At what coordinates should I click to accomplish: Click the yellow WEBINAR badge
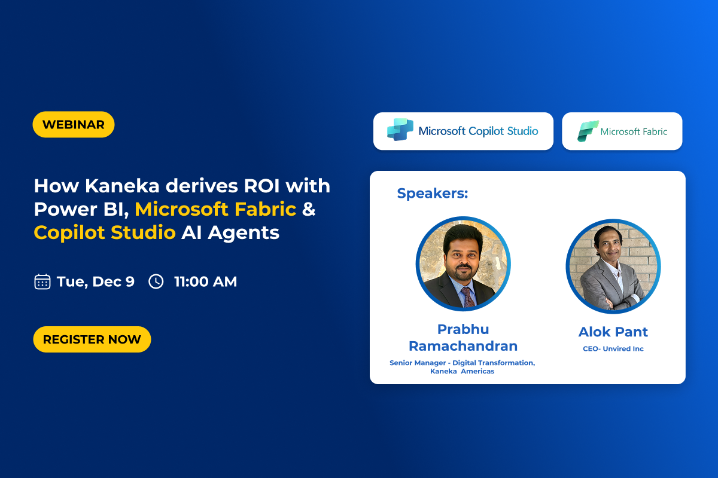pos(74,124)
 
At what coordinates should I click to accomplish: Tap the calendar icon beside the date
pos(42,282)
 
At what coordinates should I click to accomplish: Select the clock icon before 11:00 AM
pos(156,282)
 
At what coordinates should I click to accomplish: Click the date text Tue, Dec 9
pos(96,282)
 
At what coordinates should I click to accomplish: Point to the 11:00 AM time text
pos(205,282)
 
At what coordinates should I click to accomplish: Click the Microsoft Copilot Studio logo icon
pos(400,130)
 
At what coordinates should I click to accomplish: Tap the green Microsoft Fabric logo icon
pos(588,131)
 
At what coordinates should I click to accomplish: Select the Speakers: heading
pos(433,193)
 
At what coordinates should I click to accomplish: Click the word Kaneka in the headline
pos(122,186)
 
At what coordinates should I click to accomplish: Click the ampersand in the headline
pos(309,209)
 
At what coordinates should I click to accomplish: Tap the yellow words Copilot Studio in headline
pos(105,232)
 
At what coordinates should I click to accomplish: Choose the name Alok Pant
pos(613,332)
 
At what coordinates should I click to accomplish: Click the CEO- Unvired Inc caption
pos(613,349)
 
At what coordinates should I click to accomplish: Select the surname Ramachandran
pos(463,346)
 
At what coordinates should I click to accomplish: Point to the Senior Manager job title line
pos(462,363)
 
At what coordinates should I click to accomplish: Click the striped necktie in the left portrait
pos(468,297)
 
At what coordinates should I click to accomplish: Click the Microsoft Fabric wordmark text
pos(634,131)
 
